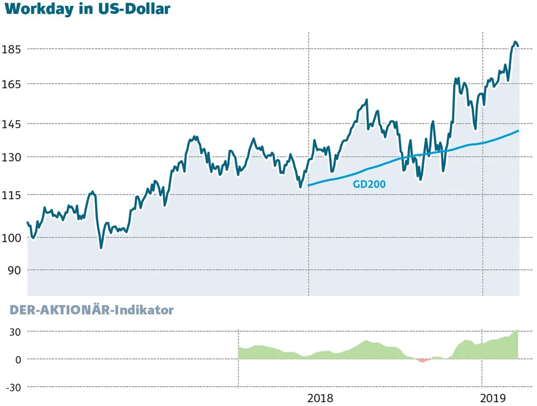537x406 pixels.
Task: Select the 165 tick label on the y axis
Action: [x=12, y=84]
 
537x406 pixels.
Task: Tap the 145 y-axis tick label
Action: [x=12, y=124]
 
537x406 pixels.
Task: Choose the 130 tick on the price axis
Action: [x=12, y=157]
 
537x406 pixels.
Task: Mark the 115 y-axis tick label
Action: [x=12, y=195]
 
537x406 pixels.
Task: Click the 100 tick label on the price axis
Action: [x=12, y=238]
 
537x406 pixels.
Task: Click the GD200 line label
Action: [x=370, y=184]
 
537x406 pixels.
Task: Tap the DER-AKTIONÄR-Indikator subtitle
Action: [x=92, y=310]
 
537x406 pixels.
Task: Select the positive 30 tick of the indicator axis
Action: [x=14, y=332]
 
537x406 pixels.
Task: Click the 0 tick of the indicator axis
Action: [x=18, y=359]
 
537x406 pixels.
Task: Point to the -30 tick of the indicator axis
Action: [x=13, y=387]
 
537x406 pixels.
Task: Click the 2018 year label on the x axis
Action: [x=320, y=398]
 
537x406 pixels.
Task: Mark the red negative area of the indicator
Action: [x=422, y=360]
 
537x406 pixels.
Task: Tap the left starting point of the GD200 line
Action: [x=309, y=185]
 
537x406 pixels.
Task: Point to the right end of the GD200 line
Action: [x=518, y=130]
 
